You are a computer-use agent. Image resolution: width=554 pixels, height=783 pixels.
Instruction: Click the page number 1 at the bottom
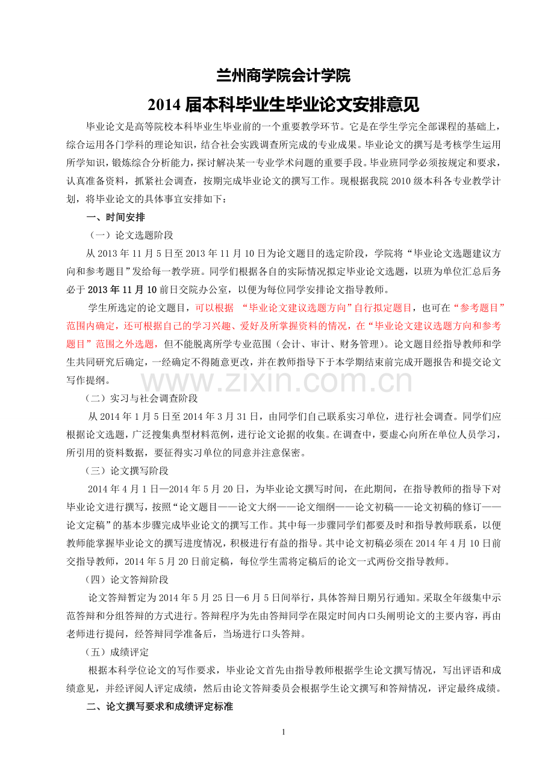tap(283, 732)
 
